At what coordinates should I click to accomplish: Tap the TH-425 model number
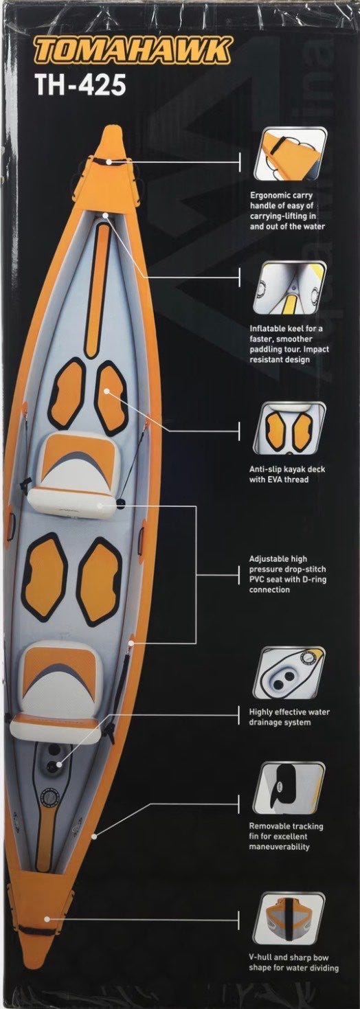coord(81,85)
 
